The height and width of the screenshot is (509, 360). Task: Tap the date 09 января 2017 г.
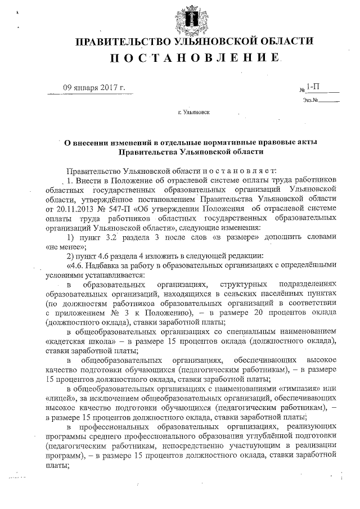click(93, 88)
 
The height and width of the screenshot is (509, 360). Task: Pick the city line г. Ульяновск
click(193, 112)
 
